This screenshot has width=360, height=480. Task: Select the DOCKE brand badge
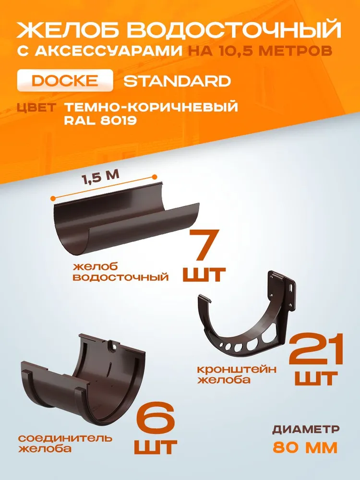pos(65,81)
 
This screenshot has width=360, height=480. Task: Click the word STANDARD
pos(177,81)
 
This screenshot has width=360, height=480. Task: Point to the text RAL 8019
pos(100,120)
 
